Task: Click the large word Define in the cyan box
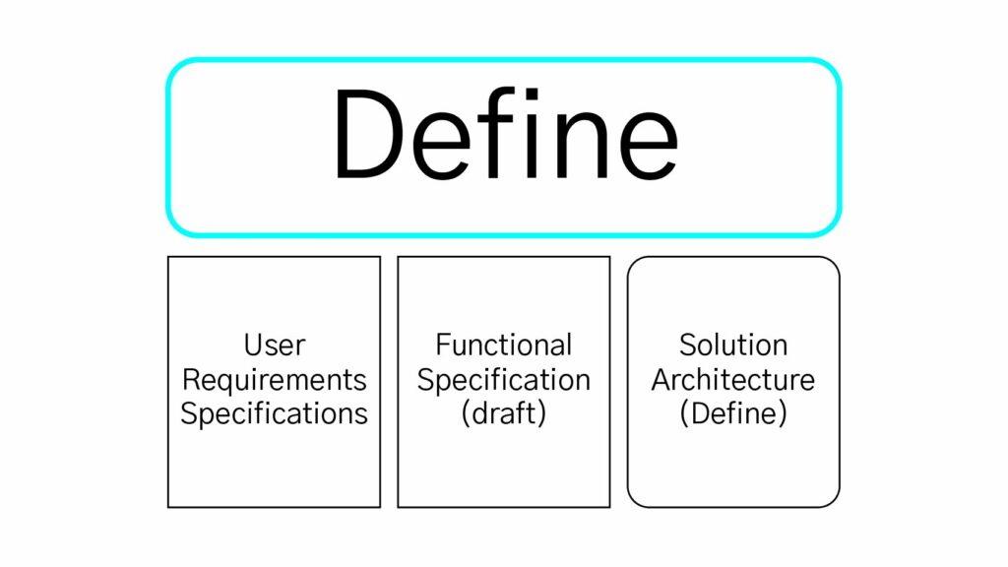505,133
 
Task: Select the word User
275,346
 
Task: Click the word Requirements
275,381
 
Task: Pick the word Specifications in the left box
275,414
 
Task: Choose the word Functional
504,345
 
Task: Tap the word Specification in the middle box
504,381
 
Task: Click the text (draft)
504,414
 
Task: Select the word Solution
733,346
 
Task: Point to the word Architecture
733,379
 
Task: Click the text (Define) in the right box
733,414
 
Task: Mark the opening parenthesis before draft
466,414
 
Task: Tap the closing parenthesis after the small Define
783,414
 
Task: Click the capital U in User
253,346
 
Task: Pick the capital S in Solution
688,346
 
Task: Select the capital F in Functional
443,345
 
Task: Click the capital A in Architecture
662,380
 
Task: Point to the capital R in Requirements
191,380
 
